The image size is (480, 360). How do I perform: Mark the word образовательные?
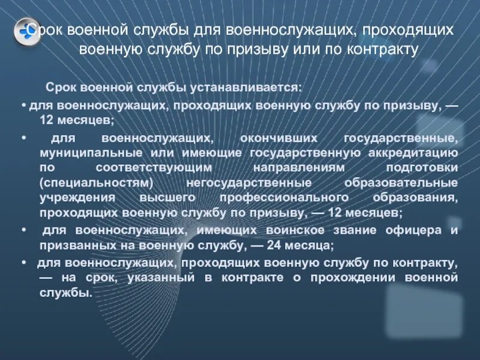tap(401, 182)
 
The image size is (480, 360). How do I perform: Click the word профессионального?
tap(287, 197)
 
